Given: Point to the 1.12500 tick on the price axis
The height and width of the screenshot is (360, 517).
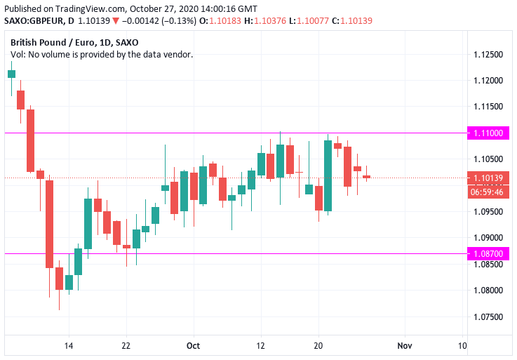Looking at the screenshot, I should [488, 55].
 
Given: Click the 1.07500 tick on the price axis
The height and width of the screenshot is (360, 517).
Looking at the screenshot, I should [488, 316].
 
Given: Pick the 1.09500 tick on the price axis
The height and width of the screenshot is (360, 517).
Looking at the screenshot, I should [488, 212].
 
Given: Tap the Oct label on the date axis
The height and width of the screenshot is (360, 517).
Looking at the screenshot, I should [194, 346].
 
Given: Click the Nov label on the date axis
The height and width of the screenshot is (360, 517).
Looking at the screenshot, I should [405, 346].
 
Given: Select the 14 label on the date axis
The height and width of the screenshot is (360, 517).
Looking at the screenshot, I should [69, 346].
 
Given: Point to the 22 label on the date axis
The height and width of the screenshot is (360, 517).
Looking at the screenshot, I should [127, 346].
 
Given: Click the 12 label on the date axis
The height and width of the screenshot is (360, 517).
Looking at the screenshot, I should [260, 346].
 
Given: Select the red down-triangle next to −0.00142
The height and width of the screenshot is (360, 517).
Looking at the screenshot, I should [116, 21].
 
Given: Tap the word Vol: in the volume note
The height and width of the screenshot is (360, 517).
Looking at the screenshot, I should [18, 54].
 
